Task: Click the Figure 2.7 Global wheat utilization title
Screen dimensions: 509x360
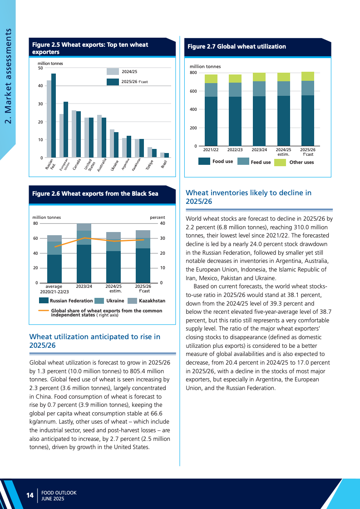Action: [x=237, y=46]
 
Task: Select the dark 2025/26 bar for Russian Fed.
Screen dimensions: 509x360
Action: [x=54, y=116]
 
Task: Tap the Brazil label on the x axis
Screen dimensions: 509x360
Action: [x=164, y=163]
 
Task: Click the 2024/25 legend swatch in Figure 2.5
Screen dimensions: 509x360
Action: [x=113, y=71]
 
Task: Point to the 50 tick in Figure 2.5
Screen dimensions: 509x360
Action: [x=40, y=68]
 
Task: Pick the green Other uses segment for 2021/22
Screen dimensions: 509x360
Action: [x=211, y=79]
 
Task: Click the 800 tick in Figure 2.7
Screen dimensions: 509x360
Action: [x=193, y=73]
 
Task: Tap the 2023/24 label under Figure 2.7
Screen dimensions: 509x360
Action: [x=259, y=149]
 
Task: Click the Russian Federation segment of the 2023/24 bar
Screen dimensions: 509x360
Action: [x=84, y=264]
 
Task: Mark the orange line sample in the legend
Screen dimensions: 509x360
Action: [x=44, y=311]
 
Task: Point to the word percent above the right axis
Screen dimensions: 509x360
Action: [x=158, y=217]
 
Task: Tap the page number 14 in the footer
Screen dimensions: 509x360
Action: [x=30, y=495]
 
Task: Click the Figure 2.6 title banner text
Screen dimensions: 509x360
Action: [x=95, y=194]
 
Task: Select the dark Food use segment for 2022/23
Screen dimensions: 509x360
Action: [x=235, y=121]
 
